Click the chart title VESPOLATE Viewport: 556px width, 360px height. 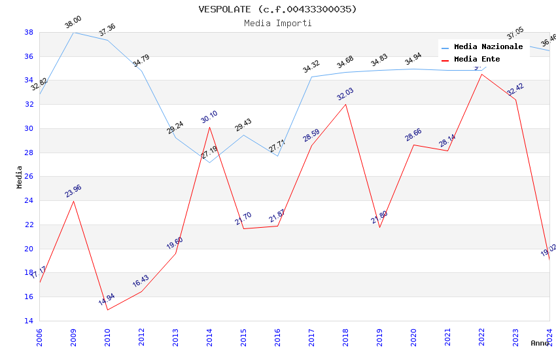pyautogui.click(x=278, y=9)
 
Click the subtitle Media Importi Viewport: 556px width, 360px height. pyautogui.click(x=278, y=23)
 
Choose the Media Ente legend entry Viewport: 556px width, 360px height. pyautogui.click(x=477, y=60)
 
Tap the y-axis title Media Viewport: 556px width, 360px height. pyautogui.click(x=20, y=177)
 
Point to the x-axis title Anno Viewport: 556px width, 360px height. pyautogui.click(x=540, y=343)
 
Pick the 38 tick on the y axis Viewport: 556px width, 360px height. pyautogui.click(x=29, y=32)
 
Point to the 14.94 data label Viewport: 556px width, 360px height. pyautogui.click(x=107, y=300)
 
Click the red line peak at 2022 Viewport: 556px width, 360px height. pyautogui.click(x=481, y=74)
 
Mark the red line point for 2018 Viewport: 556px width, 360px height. pyautogui.click(x=345, y=104)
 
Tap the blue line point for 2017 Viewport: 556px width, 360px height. pyautogui.click(x=311, y=77)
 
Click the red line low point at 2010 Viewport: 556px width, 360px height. pyautogui.click(x=107, y=310)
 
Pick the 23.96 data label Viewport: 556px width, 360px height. pyautogui.click(x=73, y=191)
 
